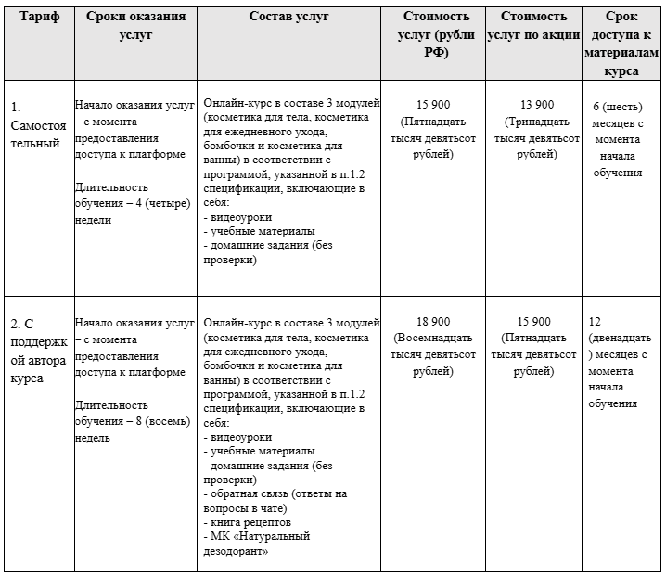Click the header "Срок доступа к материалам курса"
621,43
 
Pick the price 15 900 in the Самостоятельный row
432,104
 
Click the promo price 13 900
533,104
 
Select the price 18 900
432,321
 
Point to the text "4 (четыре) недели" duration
134,211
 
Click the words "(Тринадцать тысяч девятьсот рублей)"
533,137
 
